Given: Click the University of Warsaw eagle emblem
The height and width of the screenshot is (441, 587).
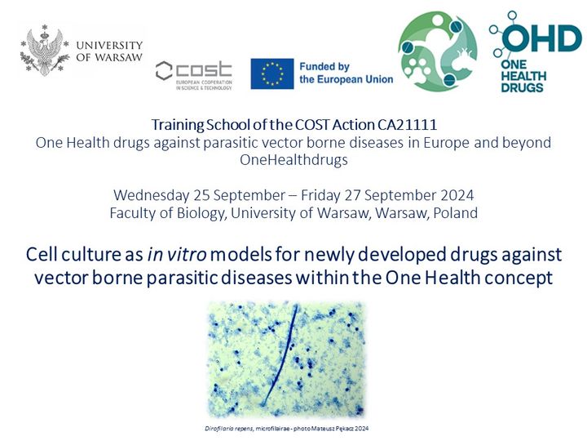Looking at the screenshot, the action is tap(45, 51).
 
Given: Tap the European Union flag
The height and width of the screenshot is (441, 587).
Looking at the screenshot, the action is tap(272, 73).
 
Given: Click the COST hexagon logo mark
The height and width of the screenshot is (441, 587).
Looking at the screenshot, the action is tap(164, 71).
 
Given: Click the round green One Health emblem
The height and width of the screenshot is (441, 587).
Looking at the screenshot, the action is tap(438, 51).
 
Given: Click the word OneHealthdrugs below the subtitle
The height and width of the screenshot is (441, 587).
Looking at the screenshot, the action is tap(293, 160).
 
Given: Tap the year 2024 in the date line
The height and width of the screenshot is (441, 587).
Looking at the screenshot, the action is tap(457, 195).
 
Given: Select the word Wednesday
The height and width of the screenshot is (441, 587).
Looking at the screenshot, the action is tap(152, 195).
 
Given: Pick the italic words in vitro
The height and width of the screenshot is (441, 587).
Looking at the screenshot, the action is tap(177, 254).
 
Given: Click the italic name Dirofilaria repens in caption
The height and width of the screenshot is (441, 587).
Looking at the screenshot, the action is tap(229, 428).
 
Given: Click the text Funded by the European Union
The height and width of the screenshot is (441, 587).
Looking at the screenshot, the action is tap(346, 73).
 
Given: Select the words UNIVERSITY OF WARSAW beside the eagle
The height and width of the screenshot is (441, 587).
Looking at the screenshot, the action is tap(109, 51).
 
